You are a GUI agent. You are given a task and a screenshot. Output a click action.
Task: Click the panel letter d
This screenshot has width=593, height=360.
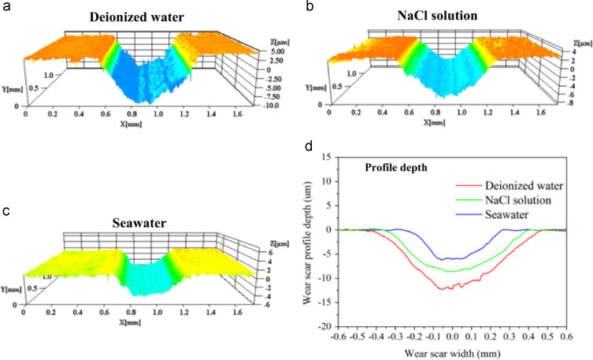(315, 147)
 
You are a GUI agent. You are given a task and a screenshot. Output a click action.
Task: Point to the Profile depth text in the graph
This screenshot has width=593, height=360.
(395, 168)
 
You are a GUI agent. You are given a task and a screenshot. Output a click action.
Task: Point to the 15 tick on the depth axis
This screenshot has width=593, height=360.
(345, 158)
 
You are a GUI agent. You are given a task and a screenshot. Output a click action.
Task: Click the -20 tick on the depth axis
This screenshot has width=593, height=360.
(343, 326)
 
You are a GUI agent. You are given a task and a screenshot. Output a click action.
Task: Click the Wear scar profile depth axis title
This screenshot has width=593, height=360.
(326, 241)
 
